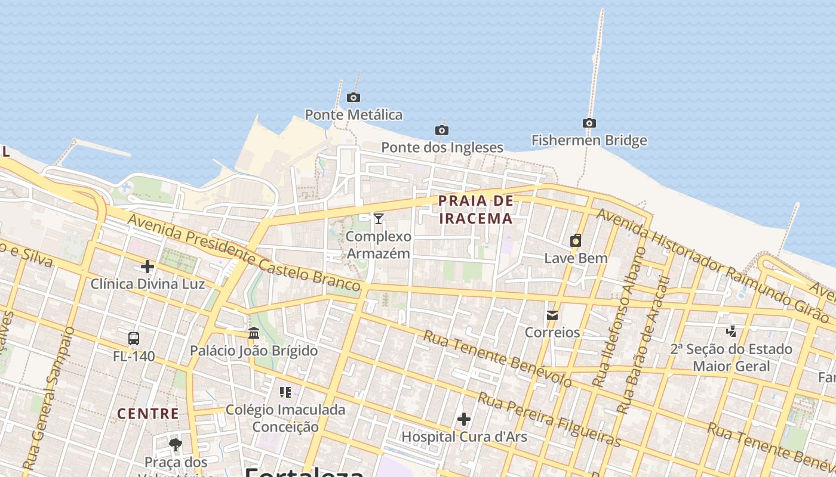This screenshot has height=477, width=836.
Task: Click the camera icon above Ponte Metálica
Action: tap(354, 97)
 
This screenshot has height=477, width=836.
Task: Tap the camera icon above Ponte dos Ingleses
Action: tap(441, 130)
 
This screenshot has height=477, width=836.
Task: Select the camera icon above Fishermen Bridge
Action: tap(589, 123)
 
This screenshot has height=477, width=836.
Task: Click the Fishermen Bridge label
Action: tap(589, 141)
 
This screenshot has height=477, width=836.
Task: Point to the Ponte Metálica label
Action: tap(354, 114)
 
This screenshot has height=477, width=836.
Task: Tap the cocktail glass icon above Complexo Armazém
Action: tap(378, 219)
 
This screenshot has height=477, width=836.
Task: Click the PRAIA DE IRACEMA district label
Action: tap(476, 209)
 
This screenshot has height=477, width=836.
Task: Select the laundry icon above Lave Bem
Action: tap(576, 240)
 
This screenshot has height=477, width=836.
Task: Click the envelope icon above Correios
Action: tap(552, 315)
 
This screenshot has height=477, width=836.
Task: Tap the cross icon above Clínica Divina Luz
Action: tap(147, 266)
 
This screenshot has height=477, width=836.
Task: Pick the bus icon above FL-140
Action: tap(134, 339)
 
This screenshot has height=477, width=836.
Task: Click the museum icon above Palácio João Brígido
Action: tap(254, 333)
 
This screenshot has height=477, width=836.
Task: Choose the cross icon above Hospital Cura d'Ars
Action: tap(464, 419)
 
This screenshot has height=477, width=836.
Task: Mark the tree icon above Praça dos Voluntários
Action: tap(176, 444)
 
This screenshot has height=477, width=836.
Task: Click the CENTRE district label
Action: tap(147, 413)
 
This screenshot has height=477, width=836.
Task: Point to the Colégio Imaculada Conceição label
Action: tap(285, 418)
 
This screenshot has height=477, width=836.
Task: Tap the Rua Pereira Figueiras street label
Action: tap(549, 419)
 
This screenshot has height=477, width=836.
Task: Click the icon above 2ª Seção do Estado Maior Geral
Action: tap(731, 331)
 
